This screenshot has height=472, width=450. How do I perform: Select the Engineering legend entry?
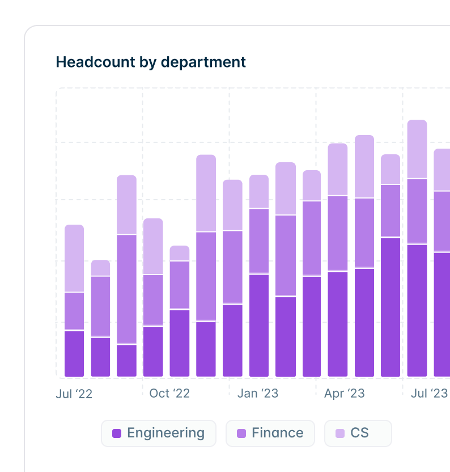159,433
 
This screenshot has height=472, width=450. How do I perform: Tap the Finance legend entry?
269,433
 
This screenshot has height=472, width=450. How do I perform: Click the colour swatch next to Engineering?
117,433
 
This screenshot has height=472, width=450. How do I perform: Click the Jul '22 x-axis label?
74,394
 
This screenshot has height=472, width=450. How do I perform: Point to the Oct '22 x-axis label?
169,393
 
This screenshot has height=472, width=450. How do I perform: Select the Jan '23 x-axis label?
258,393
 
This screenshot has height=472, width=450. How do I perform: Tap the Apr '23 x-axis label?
344,393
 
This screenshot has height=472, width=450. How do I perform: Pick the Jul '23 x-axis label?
429,393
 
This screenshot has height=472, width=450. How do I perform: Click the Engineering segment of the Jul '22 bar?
74,353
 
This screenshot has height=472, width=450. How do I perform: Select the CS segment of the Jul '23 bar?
417,149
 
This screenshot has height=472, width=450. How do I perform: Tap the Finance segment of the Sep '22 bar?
127,289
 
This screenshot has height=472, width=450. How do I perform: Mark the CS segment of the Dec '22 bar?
206,193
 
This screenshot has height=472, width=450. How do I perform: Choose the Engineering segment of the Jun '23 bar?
390,307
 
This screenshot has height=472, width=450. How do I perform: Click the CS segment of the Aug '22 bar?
101,268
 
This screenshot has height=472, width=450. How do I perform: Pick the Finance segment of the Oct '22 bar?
153,300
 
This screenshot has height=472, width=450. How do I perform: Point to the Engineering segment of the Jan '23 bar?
232,340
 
